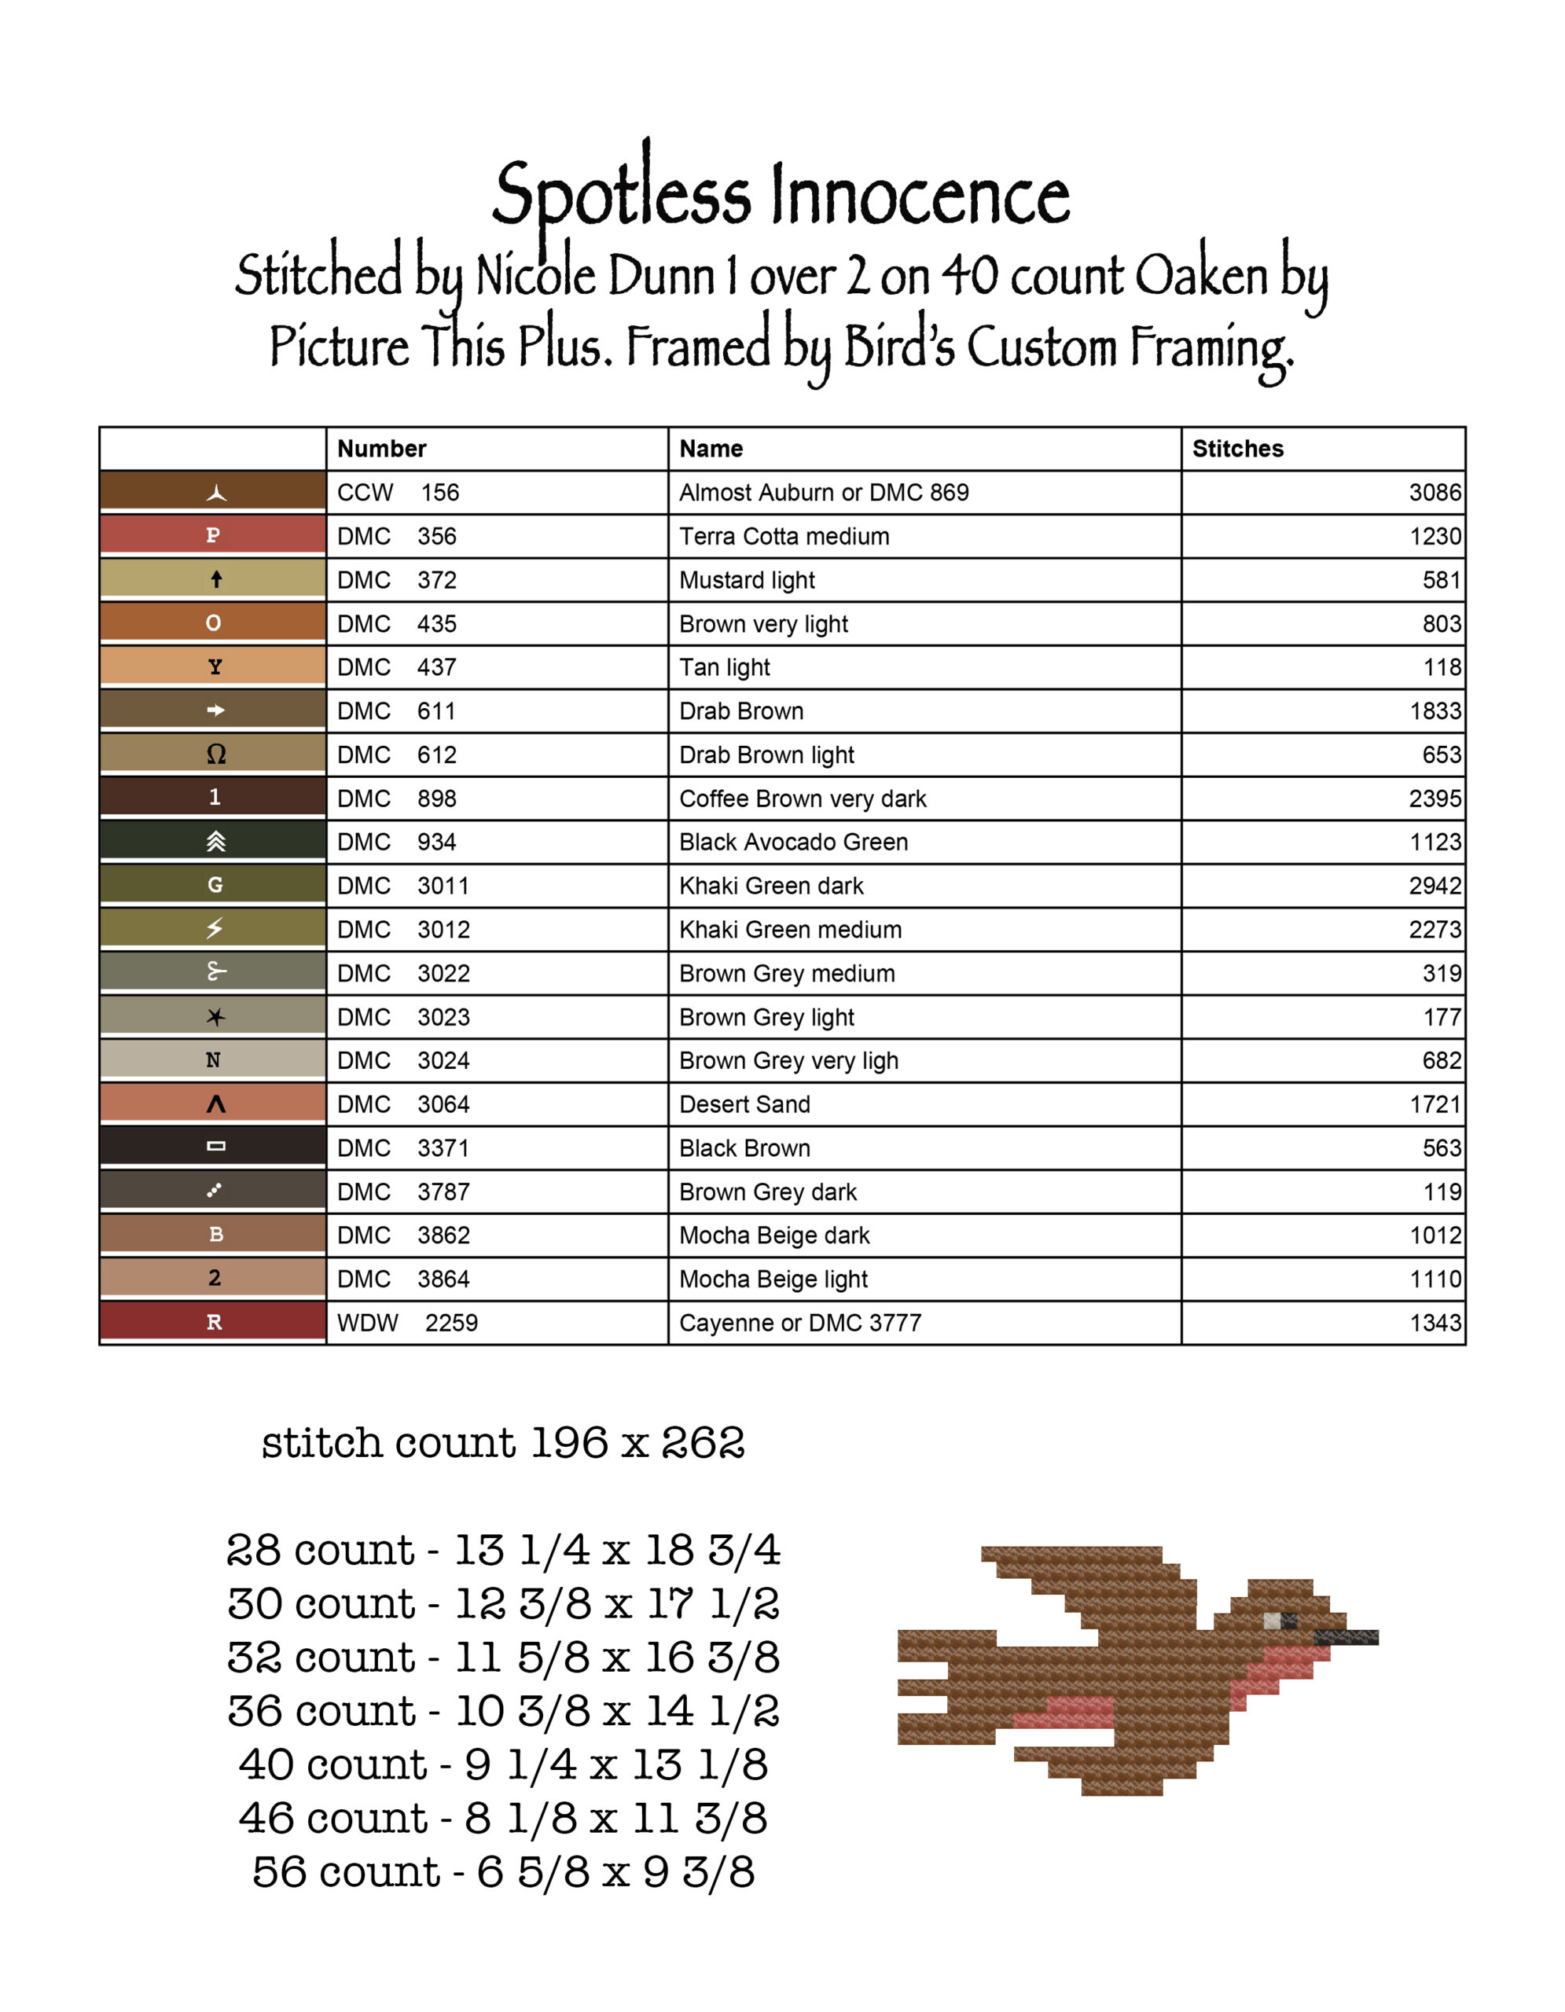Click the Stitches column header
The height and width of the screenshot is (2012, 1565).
1237,449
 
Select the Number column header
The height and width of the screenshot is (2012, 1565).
381,449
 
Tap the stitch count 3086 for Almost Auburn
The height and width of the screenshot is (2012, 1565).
1435,493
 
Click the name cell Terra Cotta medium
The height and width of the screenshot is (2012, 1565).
784,536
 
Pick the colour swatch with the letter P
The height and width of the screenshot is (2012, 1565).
213,535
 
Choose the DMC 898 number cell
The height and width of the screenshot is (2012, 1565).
397,799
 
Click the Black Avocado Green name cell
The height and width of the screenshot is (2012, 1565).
793,842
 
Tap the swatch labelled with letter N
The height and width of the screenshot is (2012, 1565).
213,1059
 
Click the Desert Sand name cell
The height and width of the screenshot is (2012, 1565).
744,1104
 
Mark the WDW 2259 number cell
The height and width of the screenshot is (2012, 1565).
407,1323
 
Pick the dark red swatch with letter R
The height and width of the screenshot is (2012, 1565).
213,1321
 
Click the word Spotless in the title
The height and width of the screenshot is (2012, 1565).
622,195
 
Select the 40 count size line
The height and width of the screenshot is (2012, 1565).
503,1765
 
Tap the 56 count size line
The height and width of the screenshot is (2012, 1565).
503,1873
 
